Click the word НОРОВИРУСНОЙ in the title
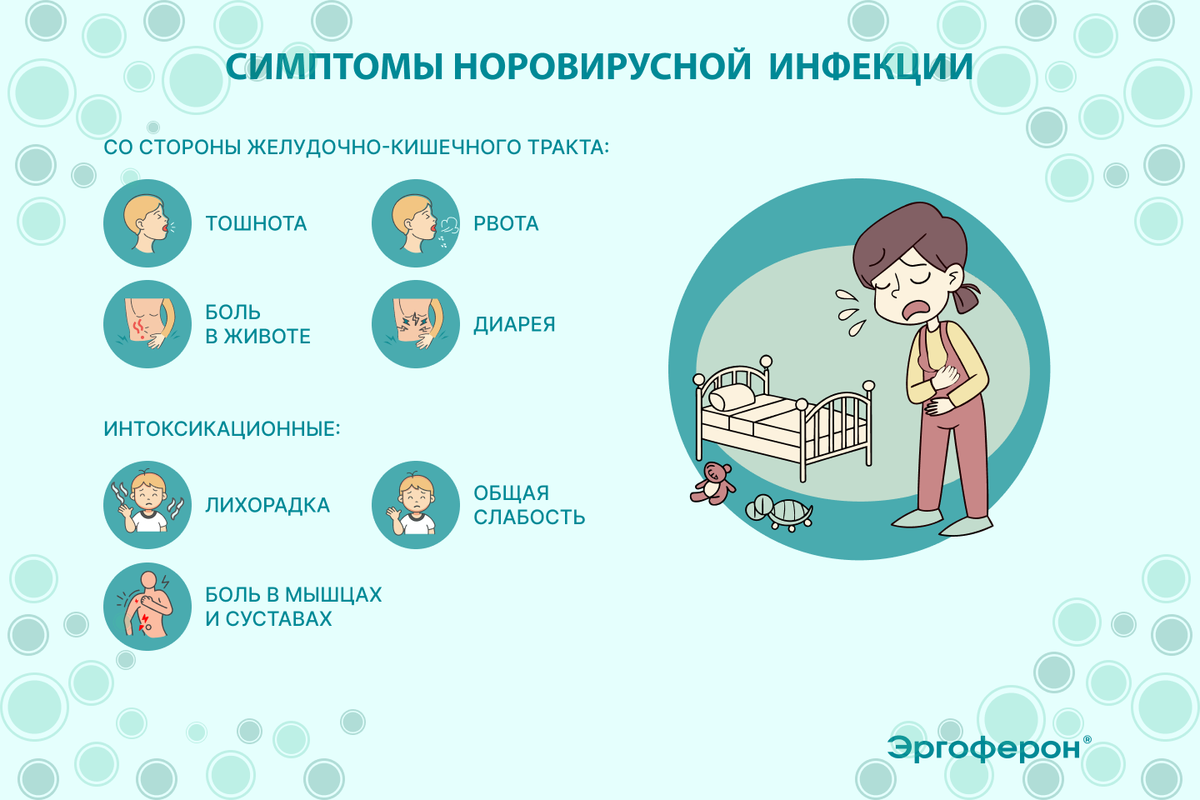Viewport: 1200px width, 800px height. point(602,67)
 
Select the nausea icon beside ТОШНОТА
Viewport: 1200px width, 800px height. point(147,222)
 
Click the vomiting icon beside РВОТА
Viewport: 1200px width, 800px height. point(416,222)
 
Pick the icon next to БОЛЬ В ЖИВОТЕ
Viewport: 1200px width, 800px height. point(147,323)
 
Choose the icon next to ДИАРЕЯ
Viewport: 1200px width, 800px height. point(416,323)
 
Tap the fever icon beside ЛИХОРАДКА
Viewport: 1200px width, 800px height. point(147,505)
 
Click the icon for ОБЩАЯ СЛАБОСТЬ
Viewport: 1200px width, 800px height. point(416,505)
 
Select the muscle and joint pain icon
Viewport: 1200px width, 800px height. point(147,606)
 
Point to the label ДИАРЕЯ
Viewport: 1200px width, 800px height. point(514,325)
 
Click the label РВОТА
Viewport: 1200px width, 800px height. point(506,223)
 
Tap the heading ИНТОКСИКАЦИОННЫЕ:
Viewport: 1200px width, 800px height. point(222,429)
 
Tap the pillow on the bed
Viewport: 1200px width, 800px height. point(732,397)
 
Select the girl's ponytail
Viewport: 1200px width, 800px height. point(965,297)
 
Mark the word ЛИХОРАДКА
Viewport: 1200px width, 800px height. point(267,505)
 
